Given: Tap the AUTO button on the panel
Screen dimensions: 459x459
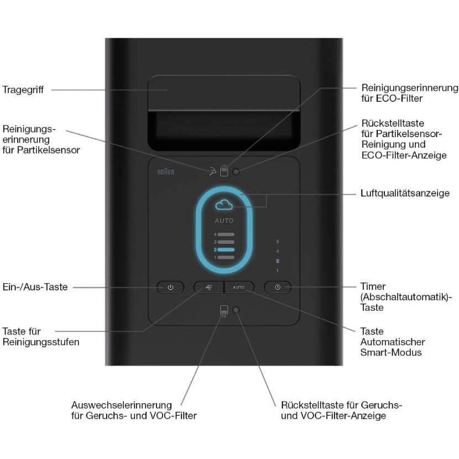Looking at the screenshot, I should coord(238,287).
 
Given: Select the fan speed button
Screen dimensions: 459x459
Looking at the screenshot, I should coord(208,287).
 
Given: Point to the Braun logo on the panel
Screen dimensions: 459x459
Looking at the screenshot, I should coord(165,172).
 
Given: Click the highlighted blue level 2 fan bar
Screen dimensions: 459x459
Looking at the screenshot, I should coord(226,249).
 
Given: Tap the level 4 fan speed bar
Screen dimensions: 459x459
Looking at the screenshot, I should coord(226,235).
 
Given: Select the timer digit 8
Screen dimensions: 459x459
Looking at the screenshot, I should coord(278,242).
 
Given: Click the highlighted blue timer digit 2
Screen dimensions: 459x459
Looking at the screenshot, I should coord(278,260).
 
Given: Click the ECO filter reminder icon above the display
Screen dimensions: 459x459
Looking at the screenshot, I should coord(224,171).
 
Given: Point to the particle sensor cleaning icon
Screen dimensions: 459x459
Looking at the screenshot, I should coord(212,172).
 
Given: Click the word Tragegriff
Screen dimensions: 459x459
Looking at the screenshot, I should coord(23,90).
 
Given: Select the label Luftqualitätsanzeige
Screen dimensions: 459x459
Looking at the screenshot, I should coord(405,194).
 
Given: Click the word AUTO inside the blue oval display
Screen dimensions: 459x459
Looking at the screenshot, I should coord(225,221).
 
